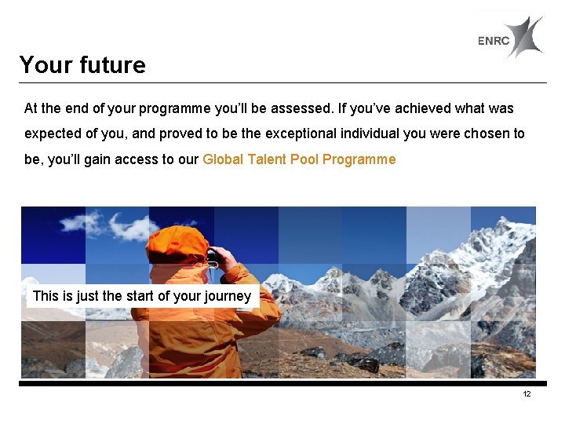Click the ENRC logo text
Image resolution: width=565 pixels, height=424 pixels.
pos(494,42)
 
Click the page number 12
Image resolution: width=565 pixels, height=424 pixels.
pos(527,393)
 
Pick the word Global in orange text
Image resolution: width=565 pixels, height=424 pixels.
pos(223,159)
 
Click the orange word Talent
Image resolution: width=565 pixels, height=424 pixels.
pos(267,159)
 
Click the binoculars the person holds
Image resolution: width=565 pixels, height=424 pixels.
pos(212,255)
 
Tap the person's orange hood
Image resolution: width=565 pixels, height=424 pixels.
pos(177,244)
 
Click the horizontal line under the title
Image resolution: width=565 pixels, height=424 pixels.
pos(282,82)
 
